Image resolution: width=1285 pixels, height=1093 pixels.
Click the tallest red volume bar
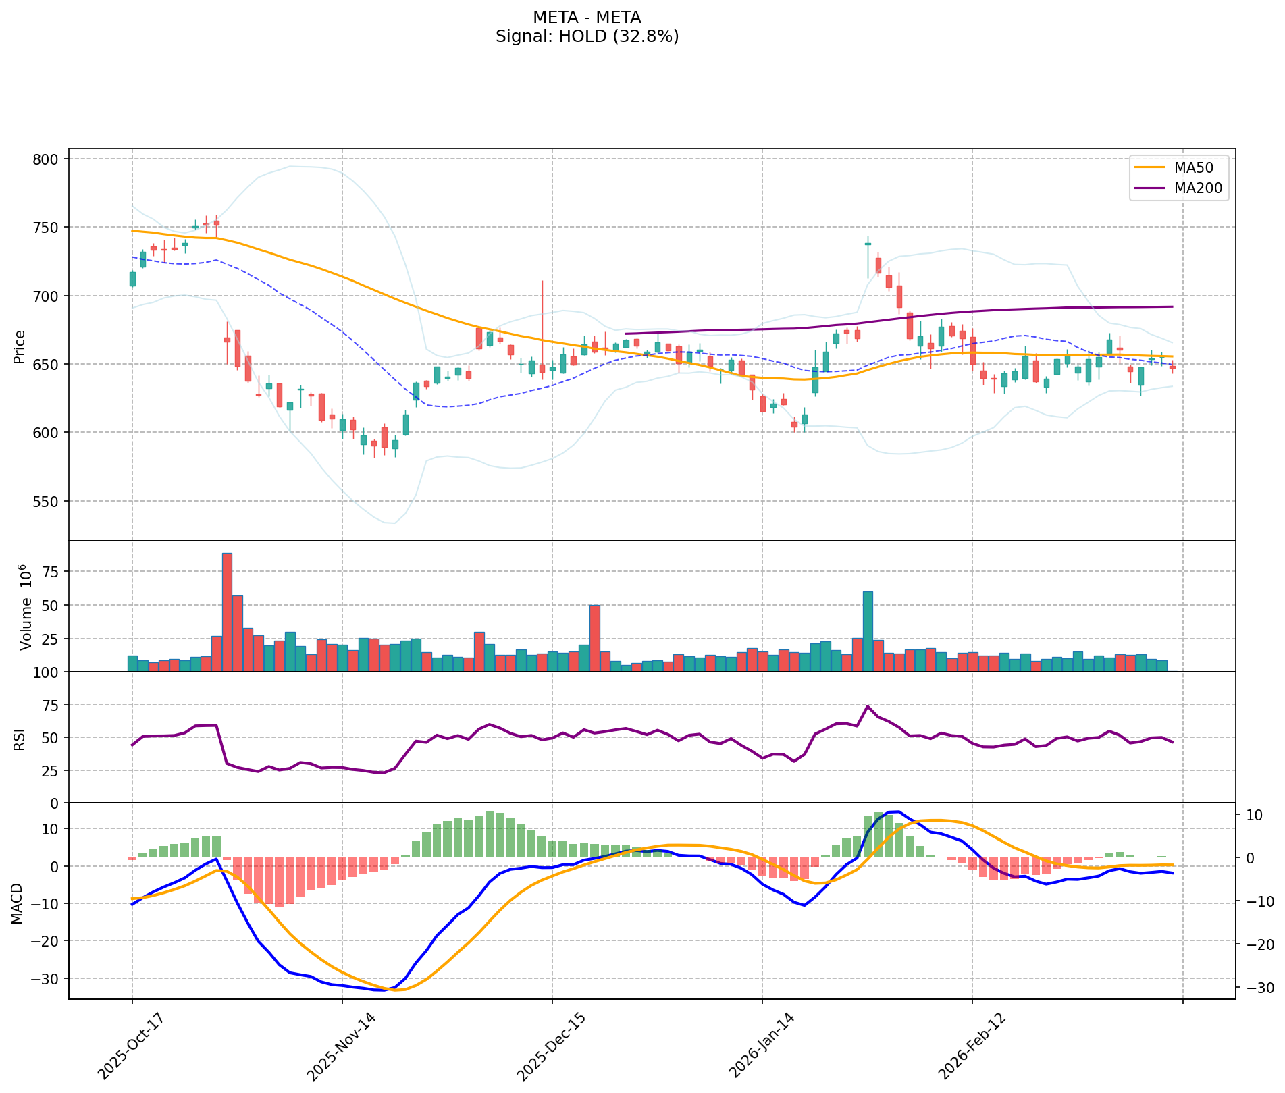pos(227,612)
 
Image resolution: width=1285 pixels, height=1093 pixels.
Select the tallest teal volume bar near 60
pos(868,631)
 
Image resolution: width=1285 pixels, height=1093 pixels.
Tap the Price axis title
pos(20,346)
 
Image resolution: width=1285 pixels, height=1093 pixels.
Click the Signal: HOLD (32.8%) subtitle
pos(587,36)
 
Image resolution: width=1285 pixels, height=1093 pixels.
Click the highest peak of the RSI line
pos(868,706)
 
